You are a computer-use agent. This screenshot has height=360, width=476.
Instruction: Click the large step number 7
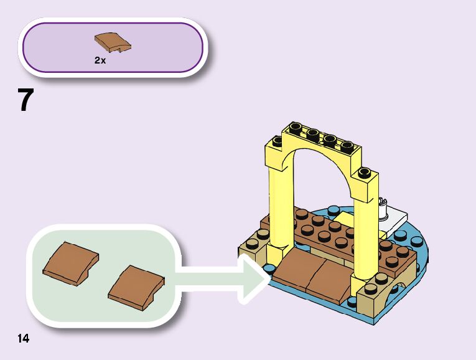pyautogui.click(x=26, y=100)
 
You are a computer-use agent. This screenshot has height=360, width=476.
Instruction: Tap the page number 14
pyautogui.click(x=23, y=339)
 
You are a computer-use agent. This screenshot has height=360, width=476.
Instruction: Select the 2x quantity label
pyautogui.click(x=100, y=61)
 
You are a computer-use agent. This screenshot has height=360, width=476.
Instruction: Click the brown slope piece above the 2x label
pyautogui.click(x=113, y=43)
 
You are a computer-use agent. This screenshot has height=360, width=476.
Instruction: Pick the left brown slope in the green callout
pyautogui.click(x=70, y=264)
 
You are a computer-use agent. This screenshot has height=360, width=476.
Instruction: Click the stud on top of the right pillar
pyautogui.click(x=365, y=171)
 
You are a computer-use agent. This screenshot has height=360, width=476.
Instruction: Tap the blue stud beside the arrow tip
pyautogui.click(x=269, y=269)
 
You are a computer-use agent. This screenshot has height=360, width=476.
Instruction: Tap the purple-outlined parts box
pyautogui.click(x=113, y=48)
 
